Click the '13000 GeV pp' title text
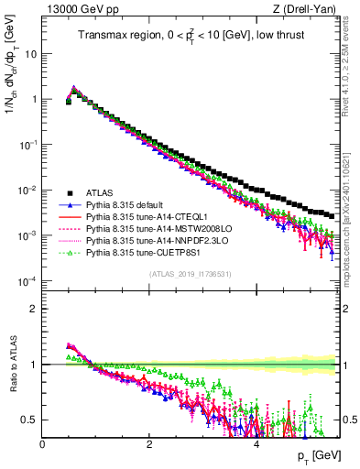pos(76,10)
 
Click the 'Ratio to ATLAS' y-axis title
pos(12,366)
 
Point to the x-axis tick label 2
pos(148,443)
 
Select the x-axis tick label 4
pos(255,443)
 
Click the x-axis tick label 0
pos(42,443)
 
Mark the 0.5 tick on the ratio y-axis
pos(30,420)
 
